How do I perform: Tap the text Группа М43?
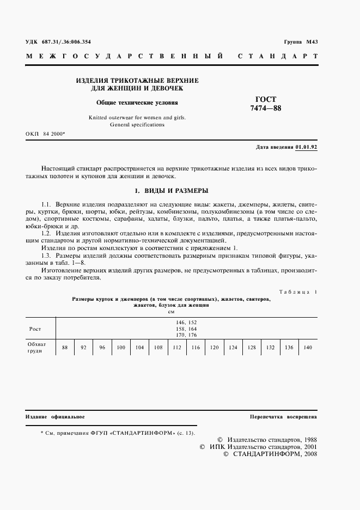pos(301,42)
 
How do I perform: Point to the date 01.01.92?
pos(307,148)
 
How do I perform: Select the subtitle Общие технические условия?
pos(137,102)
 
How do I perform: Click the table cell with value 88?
pos(65,348)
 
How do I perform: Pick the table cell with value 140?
pos(307,348)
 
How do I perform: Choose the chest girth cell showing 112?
pos(176,348)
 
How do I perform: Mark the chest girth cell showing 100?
pos(121,348)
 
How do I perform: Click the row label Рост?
pos(35,329)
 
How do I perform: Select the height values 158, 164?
pos(186,329)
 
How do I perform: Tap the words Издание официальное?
pos(55,417)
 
